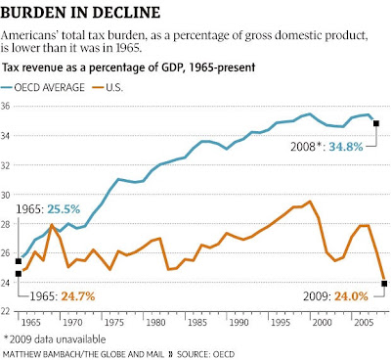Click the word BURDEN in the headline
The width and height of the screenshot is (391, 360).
pyautogui.click(x=37, y=13)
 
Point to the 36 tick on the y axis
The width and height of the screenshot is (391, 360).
pyautogui.click(x=5, y=106)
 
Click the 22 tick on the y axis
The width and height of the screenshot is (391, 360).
pyautogui.click(x=5, y=311)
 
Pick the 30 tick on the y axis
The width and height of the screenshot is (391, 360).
pyautogui.click(x=5, y=195)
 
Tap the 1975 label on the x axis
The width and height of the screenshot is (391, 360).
pyautogui.click(x=114, y=323)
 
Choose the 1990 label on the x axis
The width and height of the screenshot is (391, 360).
pyautogui.click(x=239, y=323)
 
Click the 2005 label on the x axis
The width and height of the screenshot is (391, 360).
pyautogui.click(x=364, y=323)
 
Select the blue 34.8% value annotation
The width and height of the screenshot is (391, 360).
pyautogui.click(x=346, y=147)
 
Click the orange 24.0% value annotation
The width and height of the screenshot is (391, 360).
pyautogui.click(x=351, y=296)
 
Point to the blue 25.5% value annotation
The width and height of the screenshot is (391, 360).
pyautogui.click(x=64, y=209)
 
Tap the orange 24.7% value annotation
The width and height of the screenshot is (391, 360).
pyautogui.click(x=78, y=296)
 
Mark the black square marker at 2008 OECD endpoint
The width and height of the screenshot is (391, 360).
pyautogui.click(x=376, y=123)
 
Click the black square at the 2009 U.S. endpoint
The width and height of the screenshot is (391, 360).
pyautogui.click(x=384, y=284)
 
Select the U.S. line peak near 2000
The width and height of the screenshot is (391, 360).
pyautogui.click(x=310, y=202)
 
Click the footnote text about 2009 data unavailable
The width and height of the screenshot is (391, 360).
pyautogui.click(x=55, y=339)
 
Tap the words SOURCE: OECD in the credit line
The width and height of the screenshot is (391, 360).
pyautogui.click(x=205, y=354)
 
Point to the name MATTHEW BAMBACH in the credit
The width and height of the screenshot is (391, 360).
pyautogui.click(x=41, y=354)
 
